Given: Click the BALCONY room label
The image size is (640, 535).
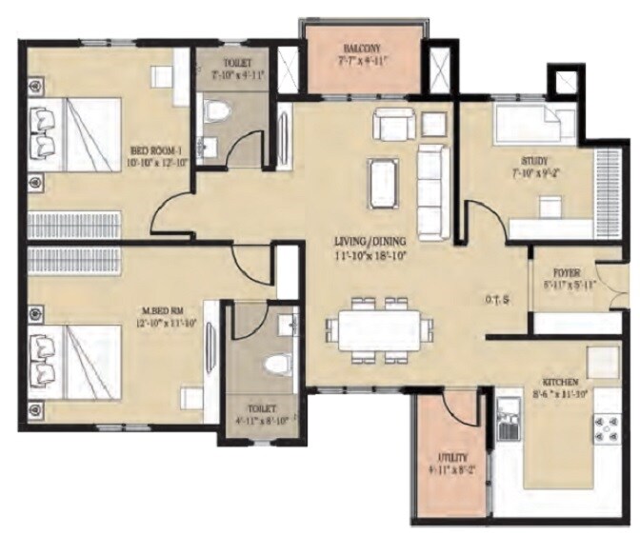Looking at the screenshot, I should pyautogui.click(x=364, y=49).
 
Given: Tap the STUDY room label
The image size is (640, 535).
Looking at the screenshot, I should pyautogui.click(x=533, y=161).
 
